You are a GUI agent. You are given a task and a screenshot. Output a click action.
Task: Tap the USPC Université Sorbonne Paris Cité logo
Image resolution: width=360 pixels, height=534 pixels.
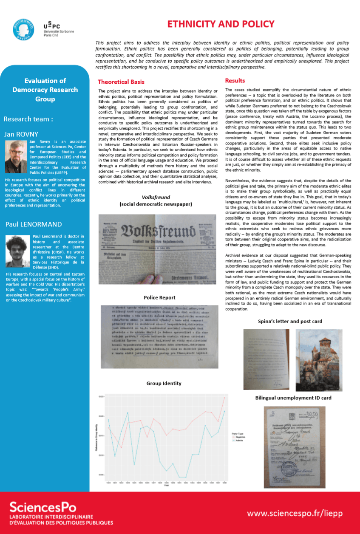coord(57,29)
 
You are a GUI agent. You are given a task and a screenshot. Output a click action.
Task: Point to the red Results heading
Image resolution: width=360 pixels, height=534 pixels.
coord(235,80)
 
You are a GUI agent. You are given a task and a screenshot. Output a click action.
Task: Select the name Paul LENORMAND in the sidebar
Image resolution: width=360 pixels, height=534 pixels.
coord(33,224)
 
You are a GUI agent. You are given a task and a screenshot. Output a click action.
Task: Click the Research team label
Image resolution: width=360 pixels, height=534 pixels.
coord(28,119)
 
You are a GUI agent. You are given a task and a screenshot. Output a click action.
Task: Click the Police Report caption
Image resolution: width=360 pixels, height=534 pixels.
coord(159,297)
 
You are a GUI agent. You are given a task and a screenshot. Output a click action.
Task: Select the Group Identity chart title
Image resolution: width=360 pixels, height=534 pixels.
coord(164,383)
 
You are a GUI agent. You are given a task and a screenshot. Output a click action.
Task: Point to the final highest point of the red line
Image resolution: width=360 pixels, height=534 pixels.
coord(224,398)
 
